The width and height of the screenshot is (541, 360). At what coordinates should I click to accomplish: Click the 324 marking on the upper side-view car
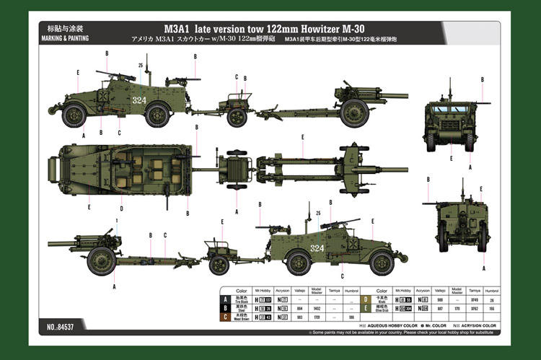click(x=139, y=100)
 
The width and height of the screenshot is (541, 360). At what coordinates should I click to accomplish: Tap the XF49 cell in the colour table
click(x=474, y=299)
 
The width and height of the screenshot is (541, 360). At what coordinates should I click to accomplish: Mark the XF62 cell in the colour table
click(x=474, y=308)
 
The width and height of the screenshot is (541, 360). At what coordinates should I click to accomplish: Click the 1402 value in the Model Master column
click(x=316, y=308)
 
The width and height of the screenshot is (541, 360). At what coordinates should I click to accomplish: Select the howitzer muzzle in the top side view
click(x=404, y=96)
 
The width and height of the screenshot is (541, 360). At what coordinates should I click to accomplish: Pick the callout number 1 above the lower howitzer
click(x=116, y=221)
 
